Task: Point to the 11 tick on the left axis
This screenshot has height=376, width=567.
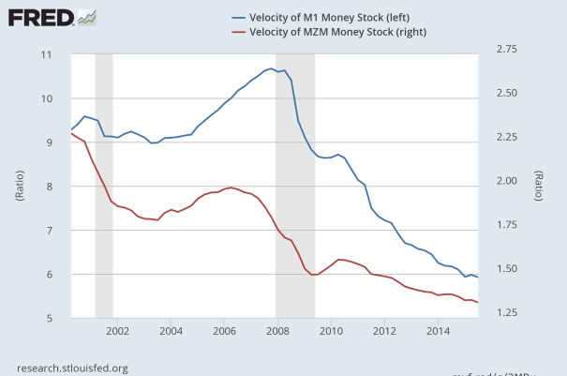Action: click(x=46, y=54)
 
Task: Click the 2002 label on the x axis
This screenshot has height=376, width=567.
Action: click(x=117, y=331)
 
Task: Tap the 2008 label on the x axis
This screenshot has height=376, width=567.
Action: click(x=277, y=331)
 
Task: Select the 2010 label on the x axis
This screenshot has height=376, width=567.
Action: click(x=331, y=331)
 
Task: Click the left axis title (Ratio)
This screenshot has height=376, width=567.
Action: click(x=20, y=187)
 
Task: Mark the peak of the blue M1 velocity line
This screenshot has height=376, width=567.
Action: click(x=271, y=68)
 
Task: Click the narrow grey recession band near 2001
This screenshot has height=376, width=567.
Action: click(x=104, y=187)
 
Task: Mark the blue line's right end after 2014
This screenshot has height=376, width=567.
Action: click(x=478, y=278)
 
